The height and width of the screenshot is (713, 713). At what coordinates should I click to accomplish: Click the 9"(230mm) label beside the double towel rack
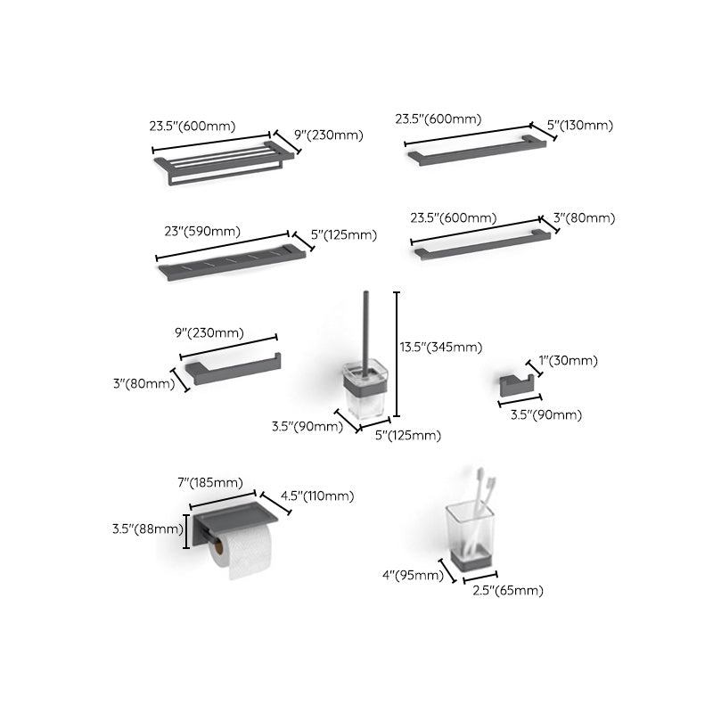pos(329,135)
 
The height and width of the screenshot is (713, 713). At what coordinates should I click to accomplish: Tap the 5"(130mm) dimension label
pos(580,127)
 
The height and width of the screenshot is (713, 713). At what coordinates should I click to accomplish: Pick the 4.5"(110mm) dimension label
pos(317,496)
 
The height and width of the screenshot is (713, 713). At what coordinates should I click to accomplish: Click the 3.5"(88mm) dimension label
pos(145,528)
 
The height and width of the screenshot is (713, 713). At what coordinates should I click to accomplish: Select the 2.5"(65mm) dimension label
pos(507,590)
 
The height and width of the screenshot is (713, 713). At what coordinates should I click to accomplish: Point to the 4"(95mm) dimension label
pos(413,575)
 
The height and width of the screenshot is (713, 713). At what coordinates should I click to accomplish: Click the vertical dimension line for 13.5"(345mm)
pos(397,354)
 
